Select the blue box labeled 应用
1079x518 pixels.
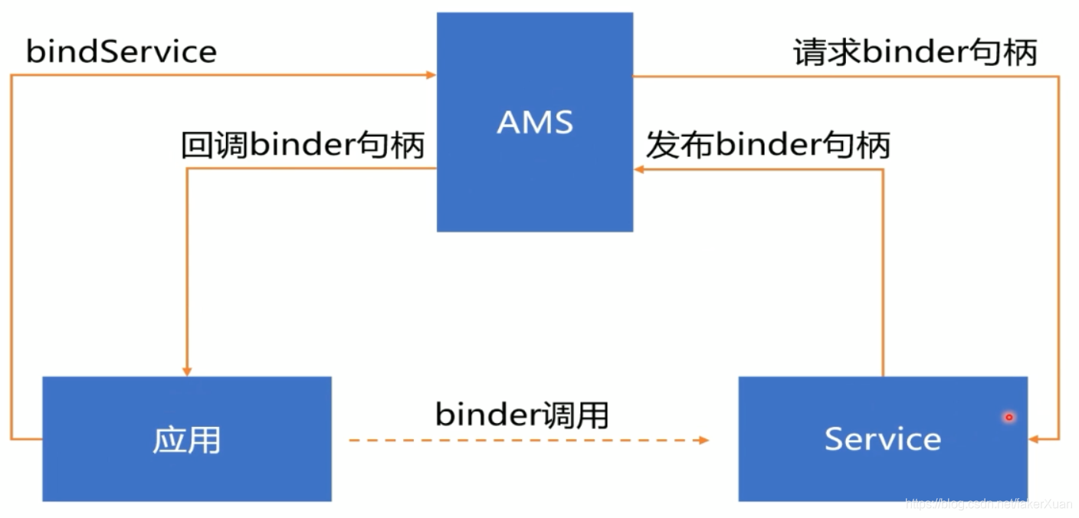(x=186, y=475)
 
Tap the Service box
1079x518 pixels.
(x=882, y=475)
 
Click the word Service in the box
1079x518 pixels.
(x=882, y=439)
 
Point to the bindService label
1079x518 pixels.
(x=121, y=52)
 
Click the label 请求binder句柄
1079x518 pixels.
(x=915, y=52)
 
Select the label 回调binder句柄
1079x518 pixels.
(x=303, y=145)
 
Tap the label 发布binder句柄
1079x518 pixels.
(x=768, y=145)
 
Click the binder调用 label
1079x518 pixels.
(x=522, y=415)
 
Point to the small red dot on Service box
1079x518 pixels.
(x=1009, y=417)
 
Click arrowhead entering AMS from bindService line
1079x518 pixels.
(x=431, y=75)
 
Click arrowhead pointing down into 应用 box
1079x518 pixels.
(x=186, y=371)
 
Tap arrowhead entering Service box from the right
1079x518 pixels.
(x=1034, y=439)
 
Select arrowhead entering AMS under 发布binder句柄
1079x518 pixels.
(x=639, y=169)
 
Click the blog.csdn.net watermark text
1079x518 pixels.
(x=989, y=504)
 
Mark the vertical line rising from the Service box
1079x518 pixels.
(x=883, y=276)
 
